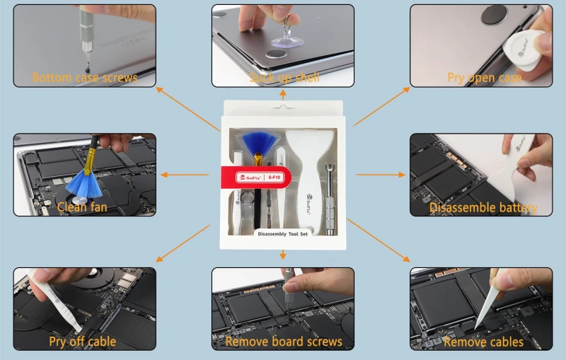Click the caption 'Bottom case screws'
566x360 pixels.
coord(85,77)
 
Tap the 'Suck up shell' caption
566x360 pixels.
coord(283,77)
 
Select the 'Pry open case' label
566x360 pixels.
coord(484,77)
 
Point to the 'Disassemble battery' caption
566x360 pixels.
coord(483,207)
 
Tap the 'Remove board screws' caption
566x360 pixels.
coord(284,342)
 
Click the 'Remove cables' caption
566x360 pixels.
coord(483,342)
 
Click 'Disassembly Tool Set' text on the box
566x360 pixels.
coord(283,234)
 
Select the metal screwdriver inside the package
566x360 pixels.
coord(328,191)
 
